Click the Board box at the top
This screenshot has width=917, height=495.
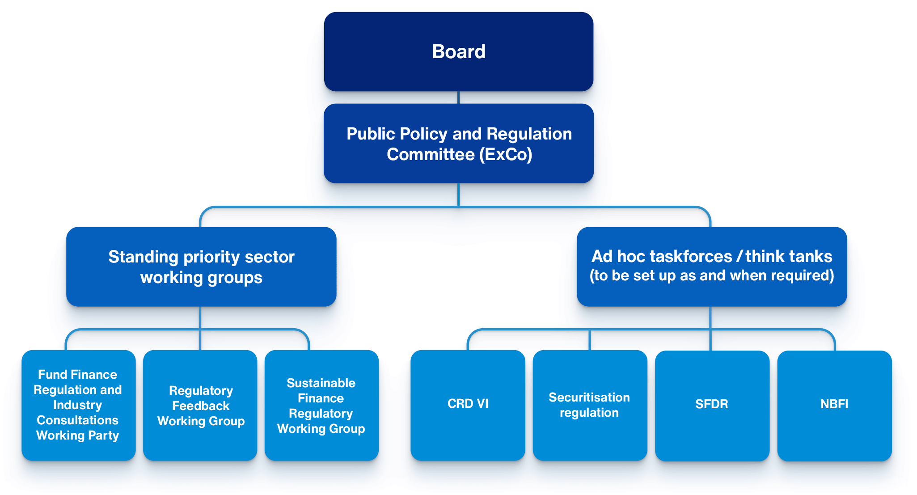click(458, 51)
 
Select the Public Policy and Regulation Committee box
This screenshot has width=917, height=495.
click(458, 143)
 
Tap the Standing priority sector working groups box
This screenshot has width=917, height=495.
click(201, 267)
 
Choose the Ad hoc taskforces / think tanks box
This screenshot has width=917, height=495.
click(712, 267)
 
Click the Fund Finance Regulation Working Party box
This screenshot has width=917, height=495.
click(78, 405)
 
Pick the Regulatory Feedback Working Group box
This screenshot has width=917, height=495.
click(200, 405)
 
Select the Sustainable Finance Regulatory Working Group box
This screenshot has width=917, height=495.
click(321, 405)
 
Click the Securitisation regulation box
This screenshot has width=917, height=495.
click(590, 405)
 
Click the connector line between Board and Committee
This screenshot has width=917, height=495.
click(459, 97)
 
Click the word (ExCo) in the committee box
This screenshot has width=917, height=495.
click(506, 155)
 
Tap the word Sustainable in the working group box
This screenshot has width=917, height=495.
click(321, 383)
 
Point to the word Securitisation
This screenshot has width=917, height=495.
click(589, 398)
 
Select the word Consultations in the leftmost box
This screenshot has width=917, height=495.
click(77, 420)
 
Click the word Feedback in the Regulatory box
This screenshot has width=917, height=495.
click(201, 406)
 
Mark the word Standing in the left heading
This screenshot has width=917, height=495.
click(144, 257)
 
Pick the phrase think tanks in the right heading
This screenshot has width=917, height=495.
click(789, 257)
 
